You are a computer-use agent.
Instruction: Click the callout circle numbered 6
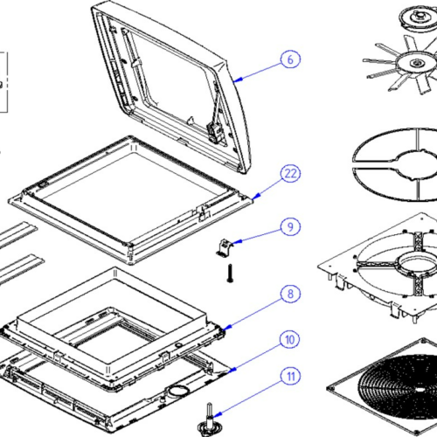coord(290,59)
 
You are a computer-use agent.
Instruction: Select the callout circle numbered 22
coord(290,174)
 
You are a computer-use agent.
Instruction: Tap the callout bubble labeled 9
coord(290,226)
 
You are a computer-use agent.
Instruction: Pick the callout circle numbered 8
coord(290,294)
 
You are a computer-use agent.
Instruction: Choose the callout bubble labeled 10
coord(289,340)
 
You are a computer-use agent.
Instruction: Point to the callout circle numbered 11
coord(291,377)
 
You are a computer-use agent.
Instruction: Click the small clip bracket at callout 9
coord(225,248)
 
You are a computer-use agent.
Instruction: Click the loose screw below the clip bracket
coord(230,274)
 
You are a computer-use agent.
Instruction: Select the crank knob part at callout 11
coord(209,420)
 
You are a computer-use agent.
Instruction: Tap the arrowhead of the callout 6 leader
coord(238,80)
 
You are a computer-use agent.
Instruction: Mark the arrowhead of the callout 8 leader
coord(227,328)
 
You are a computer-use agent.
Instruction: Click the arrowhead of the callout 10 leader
coord(232,371)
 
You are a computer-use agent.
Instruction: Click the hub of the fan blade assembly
coord(416,63)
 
